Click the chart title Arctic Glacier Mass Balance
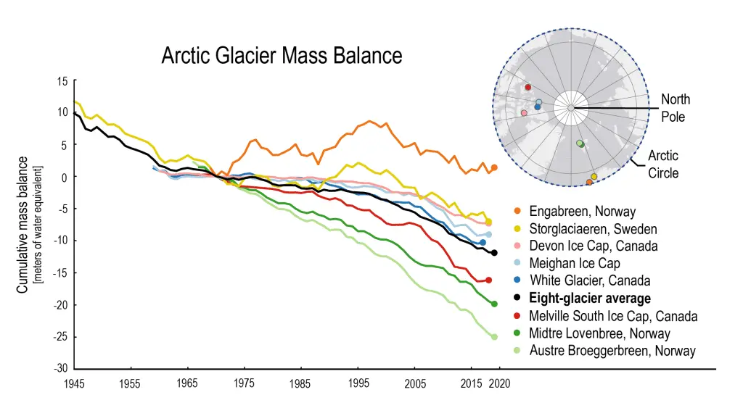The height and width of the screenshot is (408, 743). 282,56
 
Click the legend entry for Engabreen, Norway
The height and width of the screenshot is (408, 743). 582,212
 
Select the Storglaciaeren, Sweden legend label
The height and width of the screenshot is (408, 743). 593,229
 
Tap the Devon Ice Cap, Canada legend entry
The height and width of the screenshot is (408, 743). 594,246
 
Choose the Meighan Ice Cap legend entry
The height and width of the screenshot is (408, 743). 575,263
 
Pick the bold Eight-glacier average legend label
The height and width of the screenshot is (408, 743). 590,298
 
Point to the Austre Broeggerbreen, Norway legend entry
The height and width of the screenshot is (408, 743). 612,351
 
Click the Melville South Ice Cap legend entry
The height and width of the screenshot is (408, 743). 613,316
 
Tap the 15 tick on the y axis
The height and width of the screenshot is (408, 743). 63,81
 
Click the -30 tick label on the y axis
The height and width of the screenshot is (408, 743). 61,368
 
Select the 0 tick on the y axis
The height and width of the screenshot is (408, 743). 65,177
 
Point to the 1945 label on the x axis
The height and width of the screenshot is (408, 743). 74,382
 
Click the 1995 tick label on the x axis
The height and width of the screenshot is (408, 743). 358,382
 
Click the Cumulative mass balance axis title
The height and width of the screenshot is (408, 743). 23,225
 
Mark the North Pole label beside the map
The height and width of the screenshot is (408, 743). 675,107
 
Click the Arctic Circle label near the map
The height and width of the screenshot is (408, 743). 663,164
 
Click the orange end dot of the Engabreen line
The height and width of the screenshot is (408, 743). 494,167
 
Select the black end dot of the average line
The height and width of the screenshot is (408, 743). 494,253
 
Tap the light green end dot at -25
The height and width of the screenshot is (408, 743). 494,336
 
